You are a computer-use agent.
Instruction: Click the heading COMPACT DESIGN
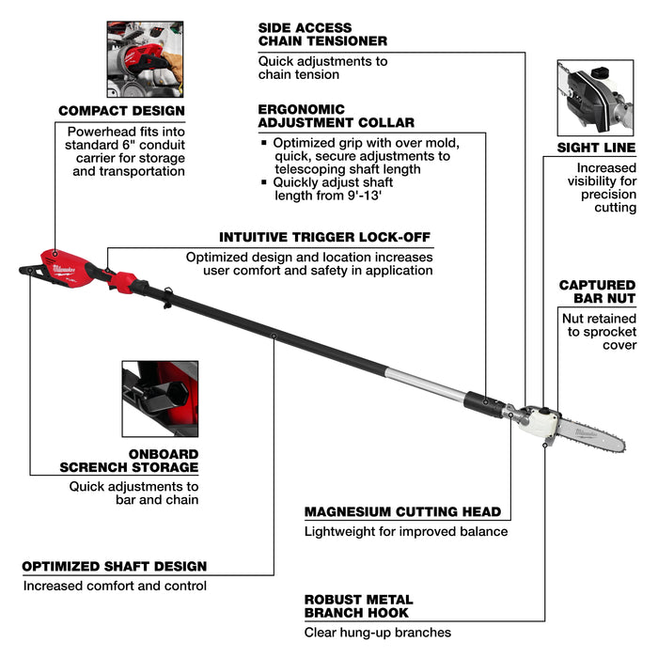[x=121, y=111]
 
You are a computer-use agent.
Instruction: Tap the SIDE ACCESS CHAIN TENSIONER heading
[x=322, y=35]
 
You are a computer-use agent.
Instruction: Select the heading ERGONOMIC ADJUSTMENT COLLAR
[x=336, y=116]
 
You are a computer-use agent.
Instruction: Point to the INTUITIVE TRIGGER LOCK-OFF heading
[x=324, y=237]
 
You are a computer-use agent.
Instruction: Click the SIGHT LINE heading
[x=596, y=148]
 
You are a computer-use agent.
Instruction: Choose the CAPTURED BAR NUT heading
[x=597, y=291]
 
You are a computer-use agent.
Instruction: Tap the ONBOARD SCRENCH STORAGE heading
[x=129, y=461]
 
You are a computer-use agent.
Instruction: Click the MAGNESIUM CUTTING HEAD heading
[x=403, y=511]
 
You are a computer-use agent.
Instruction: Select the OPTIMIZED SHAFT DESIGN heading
[x=114, y=566]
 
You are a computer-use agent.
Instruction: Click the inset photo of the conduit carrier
[x=145, y=59]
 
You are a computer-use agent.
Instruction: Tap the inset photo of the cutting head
[x=595, y=98]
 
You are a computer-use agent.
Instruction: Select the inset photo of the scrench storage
[x=160, y=399]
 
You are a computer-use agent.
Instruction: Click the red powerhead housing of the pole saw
[x=67, y=268]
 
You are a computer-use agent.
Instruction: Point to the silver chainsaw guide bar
[x=590, y=436]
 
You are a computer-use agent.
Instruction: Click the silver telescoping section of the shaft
[x=426, y=383]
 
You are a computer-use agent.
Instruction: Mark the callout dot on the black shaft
[x=274, y=336]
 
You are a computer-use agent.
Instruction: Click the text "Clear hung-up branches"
[x=378, y=632]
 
